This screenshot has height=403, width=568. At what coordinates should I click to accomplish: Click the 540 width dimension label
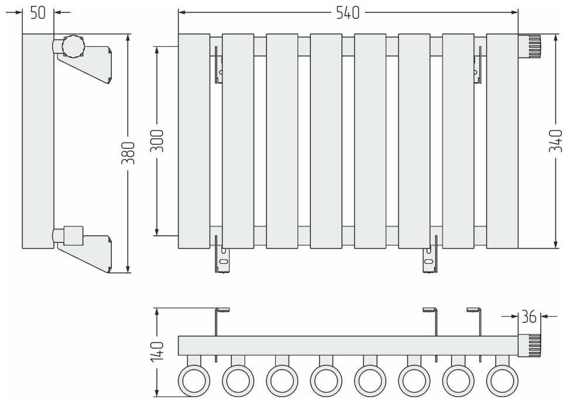pyautogui.click(x=348, y=13)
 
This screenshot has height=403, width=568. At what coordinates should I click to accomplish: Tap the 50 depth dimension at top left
pyautogui.click(x=37, y=13)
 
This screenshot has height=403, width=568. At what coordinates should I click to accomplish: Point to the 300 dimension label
pyautogui.click(x=157, y=141)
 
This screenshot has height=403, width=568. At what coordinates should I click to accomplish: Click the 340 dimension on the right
pyautogui.click(x=555, y=141)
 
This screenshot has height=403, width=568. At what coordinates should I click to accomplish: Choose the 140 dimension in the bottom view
pyautogui.click(x=158, y=351)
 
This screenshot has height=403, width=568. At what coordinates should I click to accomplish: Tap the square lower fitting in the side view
pyautogui.click(x=74, y=235)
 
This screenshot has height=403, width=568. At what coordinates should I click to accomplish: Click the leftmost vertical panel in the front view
pyautogui.click(x=194, y=141)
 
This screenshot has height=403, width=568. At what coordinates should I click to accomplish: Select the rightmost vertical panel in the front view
pyautogui.click(x=502, y=141)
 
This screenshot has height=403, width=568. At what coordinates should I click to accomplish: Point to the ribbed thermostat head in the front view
pyautogui.click(x=533, y=48)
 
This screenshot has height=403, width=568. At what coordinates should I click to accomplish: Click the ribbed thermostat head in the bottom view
pyautogui.click(x=533, y=346)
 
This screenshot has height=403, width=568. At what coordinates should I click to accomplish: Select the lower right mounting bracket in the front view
pyautogui.click(x=429, y=258)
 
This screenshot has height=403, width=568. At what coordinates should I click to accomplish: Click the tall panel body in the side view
pyautogui.click(x=38, y=141)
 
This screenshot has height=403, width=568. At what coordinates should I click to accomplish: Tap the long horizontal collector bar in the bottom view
pyautogui.click(x=348, y=346)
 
